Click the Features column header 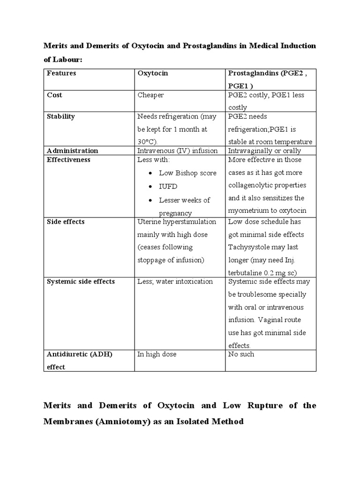[x=61, y=73]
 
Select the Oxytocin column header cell [x=152, y=73]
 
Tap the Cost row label [x=54, y=95]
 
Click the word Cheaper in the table [x=151, y=95]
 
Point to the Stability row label [x=60, y=116]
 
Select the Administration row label [x=72, y=150]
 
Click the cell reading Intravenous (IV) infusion [x=178, y=150]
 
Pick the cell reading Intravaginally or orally [x=264, y=150]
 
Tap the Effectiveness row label [x=68, y=159]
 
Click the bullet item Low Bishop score [x=187, y=173]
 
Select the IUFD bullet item [x=168, y=187]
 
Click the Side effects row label [x=66, y=221]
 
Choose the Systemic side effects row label [x=81, y=281]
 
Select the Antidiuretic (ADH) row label [x=79, y=354]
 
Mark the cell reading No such [x=241, y=354]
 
